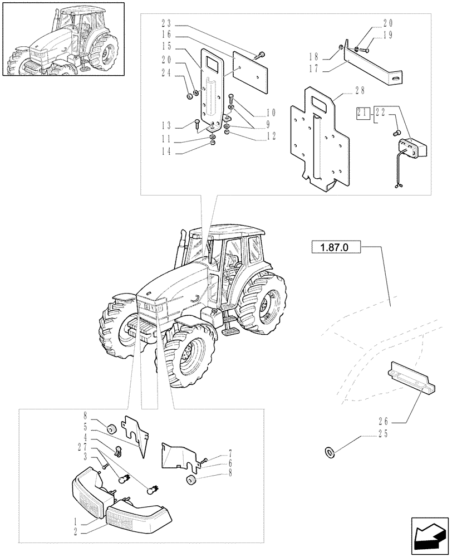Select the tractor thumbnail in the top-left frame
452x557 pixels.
(x=62, y=41)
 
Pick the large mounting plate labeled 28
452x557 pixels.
(x=317, y=139)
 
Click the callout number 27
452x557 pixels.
(x=84, y=447)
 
